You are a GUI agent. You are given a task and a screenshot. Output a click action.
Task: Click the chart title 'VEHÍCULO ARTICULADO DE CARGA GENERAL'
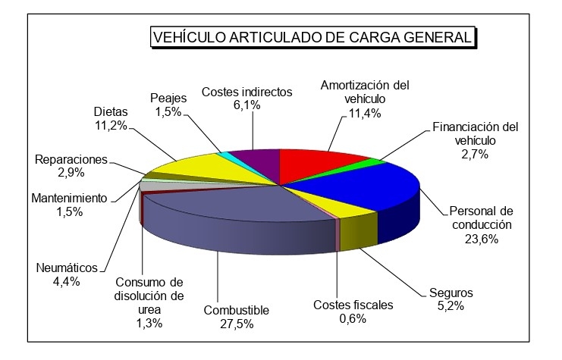click(x=312, y=37)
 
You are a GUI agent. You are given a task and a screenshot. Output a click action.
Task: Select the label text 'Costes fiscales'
click(x=353, y=305)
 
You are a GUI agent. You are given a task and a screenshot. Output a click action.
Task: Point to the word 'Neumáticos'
click(x=67, y=268)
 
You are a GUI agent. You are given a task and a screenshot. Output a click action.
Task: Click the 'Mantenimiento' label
click(x=70, y=199)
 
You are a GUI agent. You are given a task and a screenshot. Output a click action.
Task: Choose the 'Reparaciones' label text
click(x=71, y=160)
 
